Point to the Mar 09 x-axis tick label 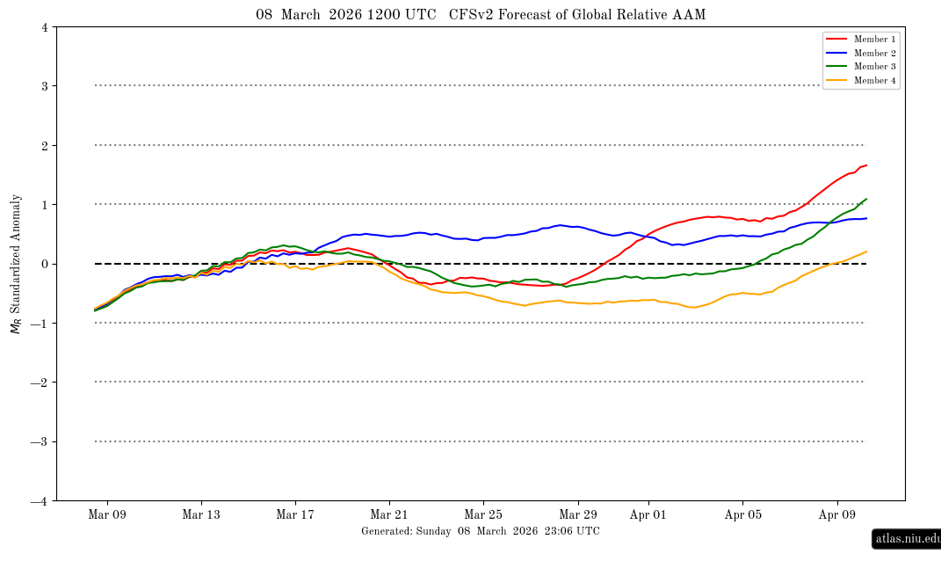pyautogui.click(x=107, y=514)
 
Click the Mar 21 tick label pyautogui.click(x=390, y=514)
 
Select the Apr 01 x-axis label pyautogui.click(x=648, y=514)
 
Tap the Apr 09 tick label pyautogui.click(x=837, y=514)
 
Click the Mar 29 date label pyautogui.click(x=578, y=514)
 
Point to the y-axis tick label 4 pyautogui.click(x=44, y=27)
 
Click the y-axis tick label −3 pyautogui.click(x=40, y=441)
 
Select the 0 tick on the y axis pyautogui.click(x=44, y=264)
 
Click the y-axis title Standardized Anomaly pyautogui.click(x=16, y=264)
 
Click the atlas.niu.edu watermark pyautogui.click(x=907, y=538)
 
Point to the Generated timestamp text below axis pyautogui.click(x=481, y=531)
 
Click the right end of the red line pyautogui.click(x=866, y=165)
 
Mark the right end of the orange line pyautogui.click(x=866, y=251)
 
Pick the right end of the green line pyautogui.click(x=866, y=199)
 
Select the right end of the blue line pyautogui.click(x=866, y=218)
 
